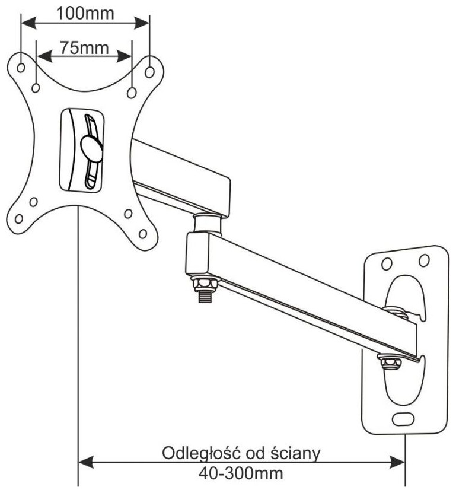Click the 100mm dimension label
tap(85, 12)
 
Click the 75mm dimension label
tap(84, 47)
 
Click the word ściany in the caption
tap(294, 454)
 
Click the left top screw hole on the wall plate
tap(386, 263)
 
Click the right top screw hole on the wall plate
tap(423, 260)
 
